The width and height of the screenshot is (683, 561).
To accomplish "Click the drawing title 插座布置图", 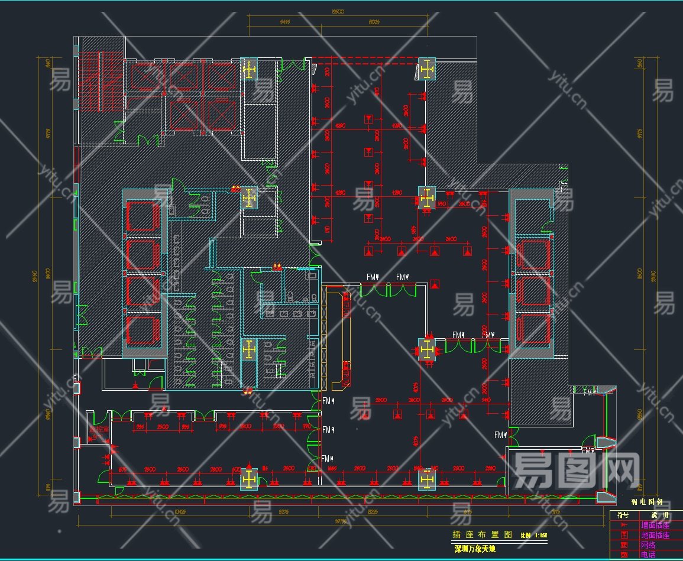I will point(482,534).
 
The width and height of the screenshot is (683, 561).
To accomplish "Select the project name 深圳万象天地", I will point(476,549).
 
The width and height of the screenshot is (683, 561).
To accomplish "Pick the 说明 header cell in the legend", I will point(656,515).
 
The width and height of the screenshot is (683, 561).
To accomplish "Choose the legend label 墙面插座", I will point(655,525).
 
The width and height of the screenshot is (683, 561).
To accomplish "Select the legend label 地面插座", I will point(655,535).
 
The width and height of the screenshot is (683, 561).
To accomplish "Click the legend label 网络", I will point(648,545).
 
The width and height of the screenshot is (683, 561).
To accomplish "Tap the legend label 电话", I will point(648,555).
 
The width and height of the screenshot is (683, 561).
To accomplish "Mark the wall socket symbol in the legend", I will point(623,525).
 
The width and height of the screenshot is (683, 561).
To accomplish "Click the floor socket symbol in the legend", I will point(623,535).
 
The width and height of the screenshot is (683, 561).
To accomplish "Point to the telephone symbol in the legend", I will point(623,555).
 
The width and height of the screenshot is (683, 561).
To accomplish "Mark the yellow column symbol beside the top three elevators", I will point(250,70).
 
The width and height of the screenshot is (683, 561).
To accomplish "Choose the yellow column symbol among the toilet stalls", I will point(249,349).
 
